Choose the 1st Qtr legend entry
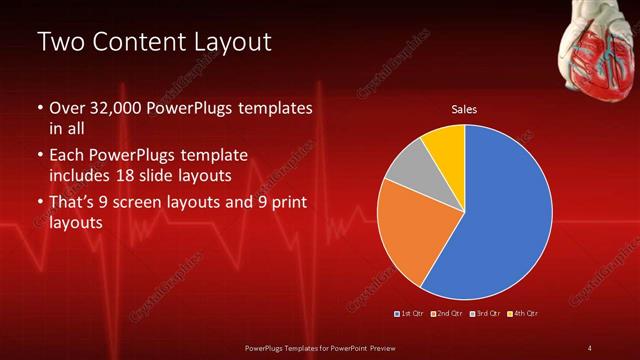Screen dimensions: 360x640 tap(409, 314)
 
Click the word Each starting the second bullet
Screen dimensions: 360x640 tap(66, 155)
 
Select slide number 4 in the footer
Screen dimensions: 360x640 tap(589, 347)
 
